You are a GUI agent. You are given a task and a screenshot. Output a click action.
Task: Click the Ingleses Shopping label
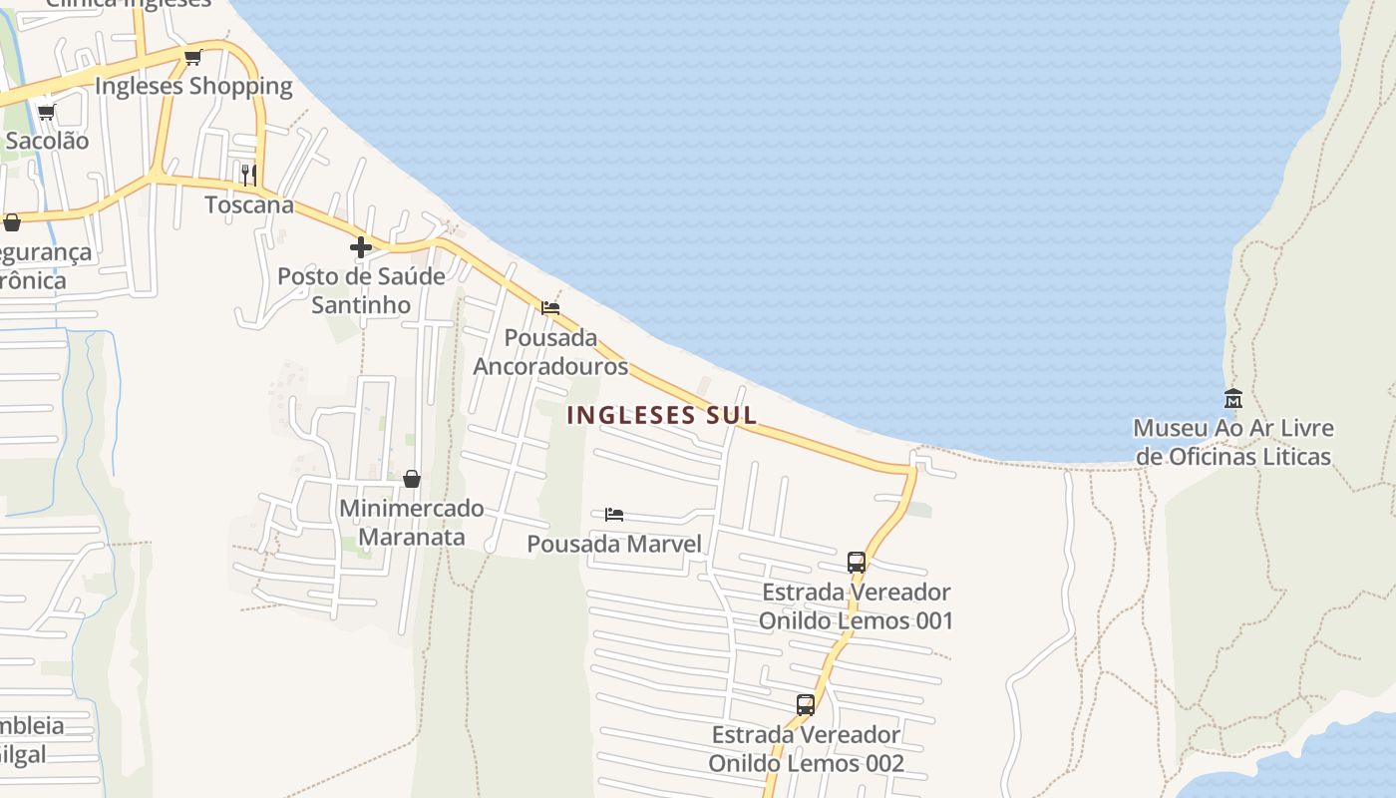tap(193, 86)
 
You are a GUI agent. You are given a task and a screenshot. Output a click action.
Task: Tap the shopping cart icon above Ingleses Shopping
tap(193, 57)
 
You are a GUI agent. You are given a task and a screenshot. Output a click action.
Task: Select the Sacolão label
tap(47, 141)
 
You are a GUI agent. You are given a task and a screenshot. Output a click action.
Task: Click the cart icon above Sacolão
tap(46, 112)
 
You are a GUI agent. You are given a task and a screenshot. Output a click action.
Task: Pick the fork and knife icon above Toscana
tap(248, 176)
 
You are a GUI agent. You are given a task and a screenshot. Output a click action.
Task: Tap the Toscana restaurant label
tap(249, 205)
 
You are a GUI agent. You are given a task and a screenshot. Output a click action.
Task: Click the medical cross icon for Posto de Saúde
tap(361, 247)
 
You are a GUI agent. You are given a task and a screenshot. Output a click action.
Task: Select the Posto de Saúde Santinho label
tap(361, 290)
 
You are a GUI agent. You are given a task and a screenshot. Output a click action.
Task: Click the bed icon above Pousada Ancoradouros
tap(550, 308)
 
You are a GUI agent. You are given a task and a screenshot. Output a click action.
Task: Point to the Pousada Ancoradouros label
tap(550, 352)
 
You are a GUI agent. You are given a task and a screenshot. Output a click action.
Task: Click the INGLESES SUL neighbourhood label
tap(662, 415)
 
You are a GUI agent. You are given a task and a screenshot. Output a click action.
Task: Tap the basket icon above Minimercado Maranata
tap(412, 479)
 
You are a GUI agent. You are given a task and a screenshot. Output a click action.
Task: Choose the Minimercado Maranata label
tap(412, 523)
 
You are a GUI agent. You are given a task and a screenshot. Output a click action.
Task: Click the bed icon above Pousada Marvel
tap(614, 515)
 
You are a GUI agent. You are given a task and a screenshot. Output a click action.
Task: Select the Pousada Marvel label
tap(614, 544)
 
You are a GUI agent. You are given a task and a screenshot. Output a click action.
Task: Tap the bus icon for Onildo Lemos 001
tap(857, 563)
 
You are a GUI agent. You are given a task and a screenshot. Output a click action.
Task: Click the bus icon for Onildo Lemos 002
tap(806, 705)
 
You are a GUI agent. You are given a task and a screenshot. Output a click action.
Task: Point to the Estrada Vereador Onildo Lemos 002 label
tap(806, 749)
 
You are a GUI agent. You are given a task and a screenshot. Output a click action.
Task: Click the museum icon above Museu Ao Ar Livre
tap(1233, 398)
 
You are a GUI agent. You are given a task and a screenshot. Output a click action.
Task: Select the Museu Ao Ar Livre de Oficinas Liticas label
tap(1233, 442)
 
